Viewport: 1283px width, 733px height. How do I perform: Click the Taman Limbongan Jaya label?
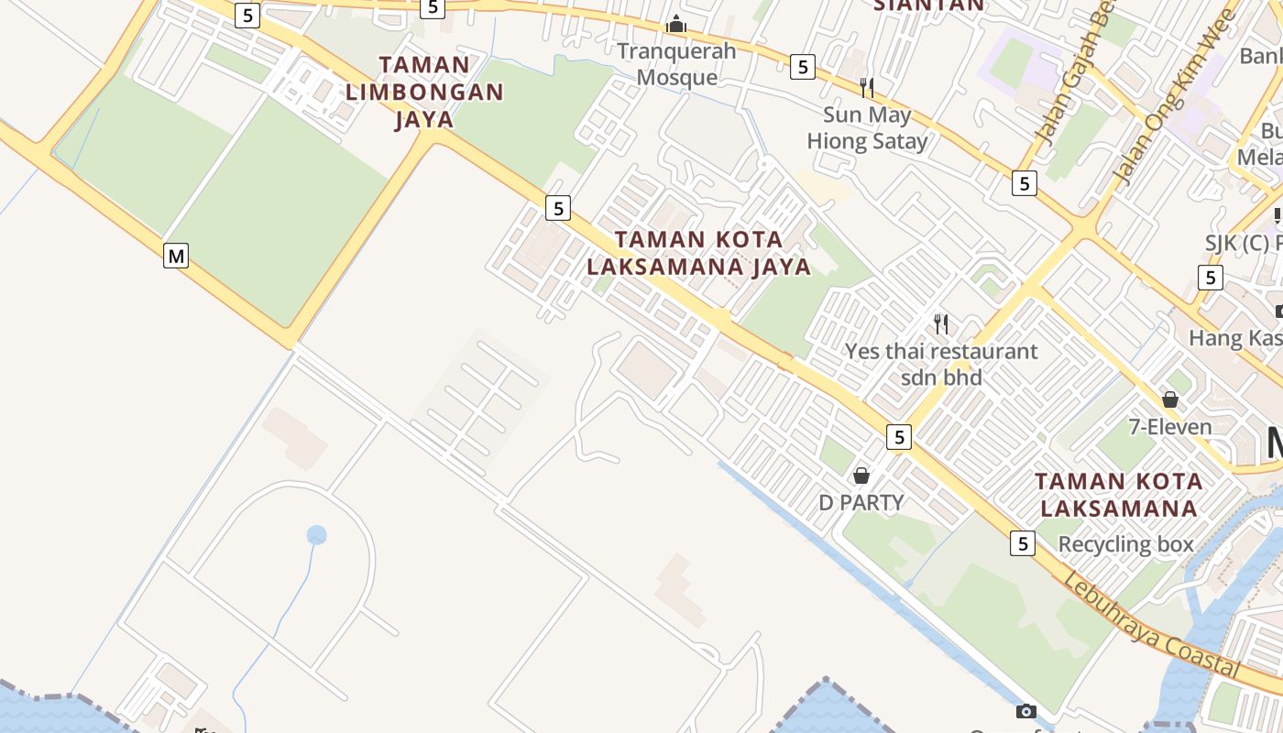point(424,92)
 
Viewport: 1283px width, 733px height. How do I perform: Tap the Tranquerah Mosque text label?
point(676,63)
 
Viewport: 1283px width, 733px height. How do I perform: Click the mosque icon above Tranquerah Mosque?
point(676,23)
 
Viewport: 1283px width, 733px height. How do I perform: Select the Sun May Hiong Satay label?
point(867,127)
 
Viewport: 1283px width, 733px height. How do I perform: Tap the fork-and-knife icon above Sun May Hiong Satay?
point(866,87)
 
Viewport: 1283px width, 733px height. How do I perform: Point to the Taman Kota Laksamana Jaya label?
point(698,253)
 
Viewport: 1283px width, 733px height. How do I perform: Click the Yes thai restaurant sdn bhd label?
point(941,364)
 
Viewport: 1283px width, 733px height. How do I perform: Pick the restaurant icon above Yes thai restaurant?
point(941,323)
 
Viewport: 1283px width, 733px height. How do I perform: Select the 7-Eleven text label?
point(1169,426)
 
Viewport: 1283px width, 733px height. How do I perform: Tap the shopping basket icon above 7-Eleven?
point(1169,399)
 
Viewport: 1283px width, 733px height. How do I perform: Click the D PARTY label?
point(861,502)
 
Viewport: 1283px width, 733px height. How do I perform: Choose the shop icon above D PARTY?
point(861,475)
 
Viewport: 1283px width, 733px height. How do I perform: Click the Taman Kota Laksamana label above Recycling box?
point(1119,495)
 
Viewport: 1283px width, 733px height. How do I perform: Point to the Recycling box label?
point(1125,544)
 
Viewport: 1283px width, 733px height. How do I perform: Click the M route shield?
point(176,256)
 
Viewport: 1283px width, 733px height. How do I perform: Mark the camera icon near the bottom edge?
point(1026,711)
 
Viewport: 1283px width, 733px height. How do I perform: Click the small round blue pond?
point(316,535)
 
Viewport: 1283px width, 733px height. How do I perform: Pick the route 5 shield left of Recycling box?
point(1023,543)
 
